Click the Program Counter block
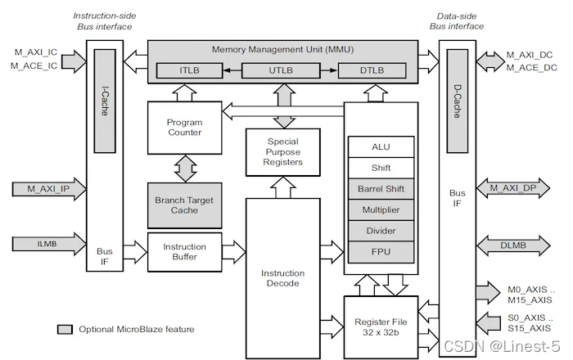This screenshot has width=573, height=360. (x=184, y=127)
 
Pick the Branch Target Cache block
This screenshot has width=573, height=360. (x=184, y=205)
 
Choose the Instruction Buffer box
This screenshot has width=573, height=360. (x=184, y=251)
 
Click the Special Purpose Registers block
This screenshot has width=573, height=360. (x=284, y=151)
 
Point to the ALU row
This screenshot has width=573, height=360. (x=381, y=146)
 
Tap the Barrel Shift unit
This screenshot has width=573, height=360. (x=381, y=188)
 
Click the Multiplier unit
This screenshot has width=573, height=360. (x=381, y=209)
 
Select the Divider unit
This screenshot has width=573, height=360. (x=381, y=231)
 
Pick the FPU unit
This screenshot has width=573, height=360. (x=381, y=252)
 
